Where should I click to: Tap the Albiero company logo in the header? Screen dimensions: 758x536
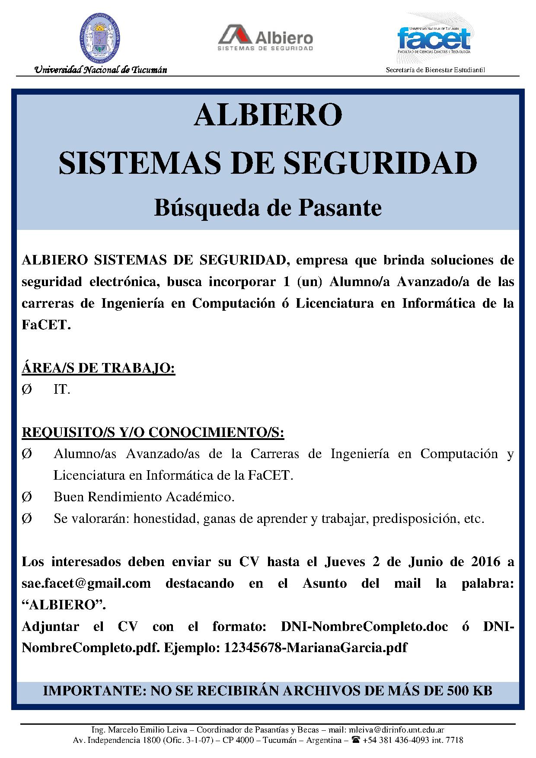(265, 38)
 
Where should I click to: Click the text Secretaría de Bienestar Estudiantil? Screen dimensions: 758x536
(435, 70)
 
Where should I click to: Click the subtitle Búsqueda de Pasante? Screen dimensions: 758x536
(268, 208)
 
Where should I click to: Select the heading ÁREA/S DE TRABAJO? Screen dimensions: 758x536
(98, 368)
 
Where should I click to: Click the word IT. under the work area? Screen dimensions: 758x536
(62, 389)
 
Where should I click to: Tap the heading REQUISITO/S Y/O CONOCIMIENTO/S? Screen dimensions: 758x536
(153, 433)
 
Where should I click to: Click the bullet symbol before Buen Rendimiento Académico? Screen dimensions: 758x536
(26, 497)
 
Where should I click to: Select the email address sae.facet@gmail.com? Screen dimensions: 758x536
(86, 583)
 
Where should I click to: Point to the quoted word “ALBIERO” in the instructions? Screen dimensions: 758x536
(64, 605)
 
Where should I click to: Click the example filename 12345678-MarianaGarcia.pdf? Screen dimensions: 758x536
(316, 648)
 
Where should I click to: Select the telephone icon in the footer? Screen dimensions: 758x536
(356, 740)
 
